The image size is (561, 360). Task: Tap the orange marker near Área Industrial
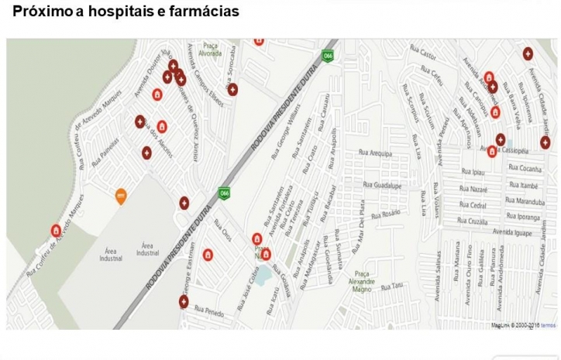tap(120, 196)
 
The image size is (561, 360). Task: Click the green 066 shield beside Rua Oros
tap(224, 193)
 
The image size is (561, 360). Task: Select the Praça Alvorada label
tap(208, 50)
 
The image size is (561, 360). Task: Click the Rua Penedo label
tap(208, 312)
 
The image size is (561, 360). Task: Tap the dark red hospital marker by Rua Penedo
tap(184, 301)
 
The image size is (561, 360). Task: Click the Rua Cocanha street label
tap(527, 170)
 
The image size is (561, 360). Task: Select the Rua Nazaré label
tap(473, 189)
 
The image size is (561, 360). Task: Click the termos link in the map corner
tap(547, 325)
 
